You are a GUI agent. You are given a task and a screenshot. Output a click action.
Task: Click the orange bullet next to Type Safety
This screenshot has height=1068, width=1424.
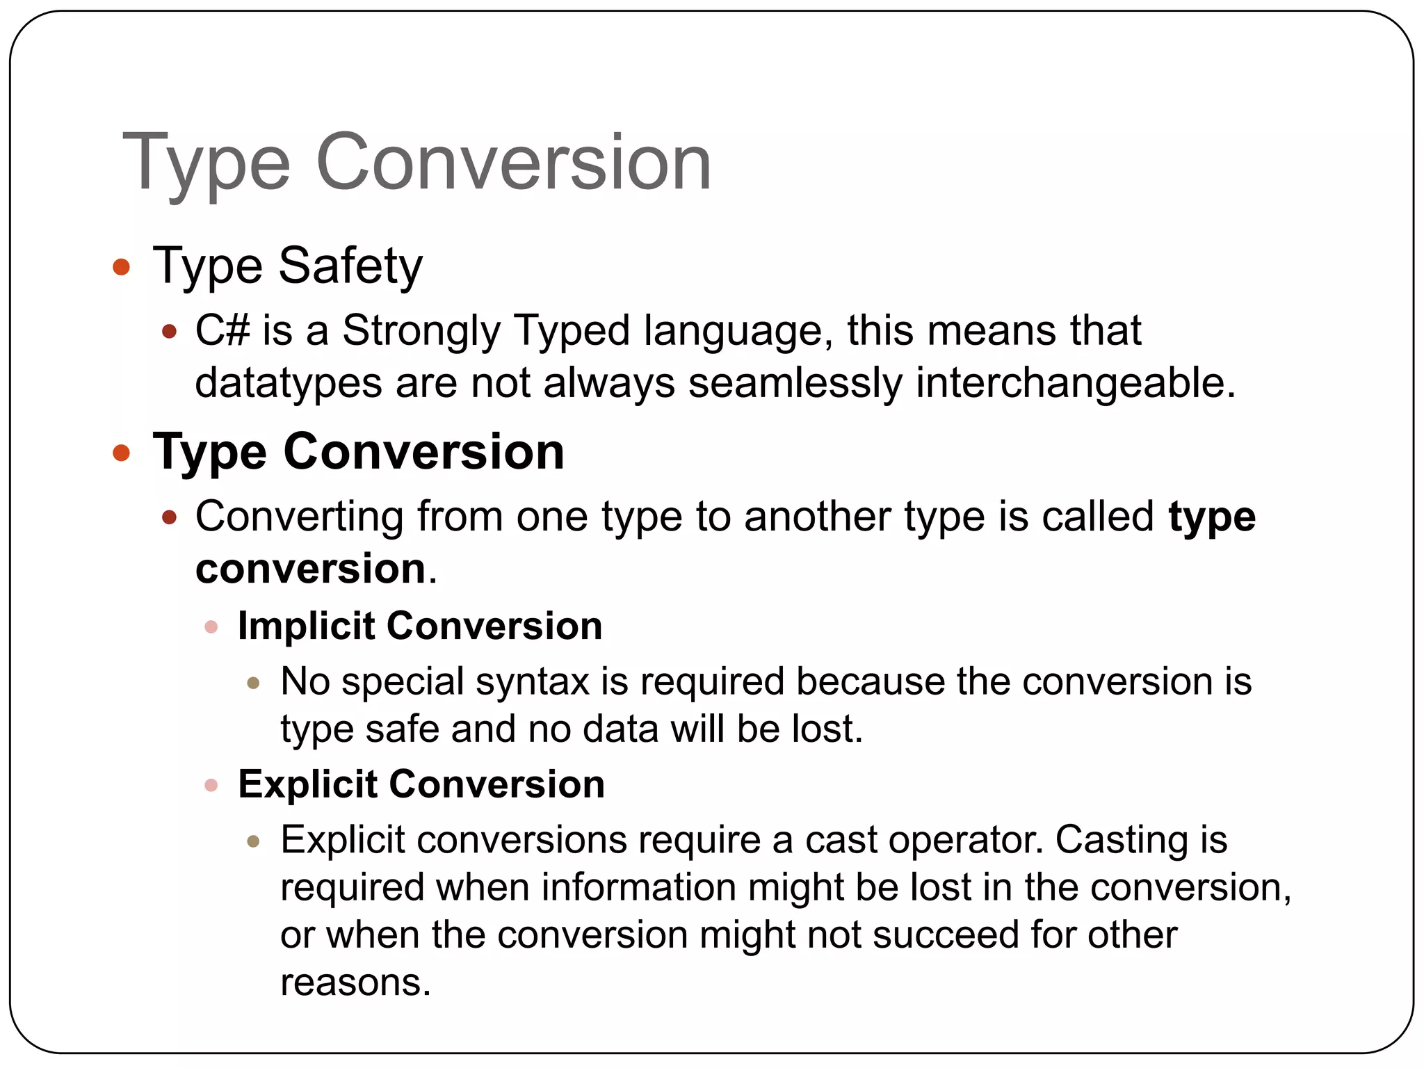click(x=121, y=266)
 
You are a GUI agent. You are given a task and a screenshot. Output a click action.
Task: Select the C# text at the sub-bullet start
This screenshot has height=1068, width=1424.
click(x=222, y=330)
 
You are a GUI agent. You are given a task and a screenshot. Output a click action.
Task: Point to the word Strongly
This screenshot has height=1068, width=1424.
click(x=421, y=332)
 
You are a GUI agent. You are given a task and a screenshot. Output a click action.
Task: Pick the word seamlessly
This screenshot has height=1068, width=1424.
click(x=795, y=383)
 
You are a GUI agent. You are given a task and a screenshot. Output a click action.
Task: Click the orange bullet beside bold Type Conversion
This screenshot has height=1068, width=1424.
click(x=121, y=453)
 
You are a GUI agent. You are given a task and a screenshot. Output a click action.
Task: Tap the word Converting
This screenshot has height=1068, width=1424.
click(x=299, y=517)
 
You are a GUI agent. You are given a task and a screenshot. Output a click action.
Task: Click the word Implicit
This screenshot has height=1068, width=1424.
click(x=306, y=626)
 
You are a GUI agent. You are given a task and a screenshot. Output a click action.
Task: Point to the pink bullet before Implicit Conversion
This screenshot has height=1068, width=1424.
click(x=211, y=627)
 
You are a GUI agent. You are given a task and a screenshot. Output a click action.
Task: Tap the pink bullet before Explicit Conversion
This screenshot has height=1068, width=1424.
click(x=211, y=786)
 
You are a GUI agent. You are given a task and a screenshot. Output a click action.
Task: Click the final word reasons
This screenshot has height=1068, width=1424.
click(x=355, y=982)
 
